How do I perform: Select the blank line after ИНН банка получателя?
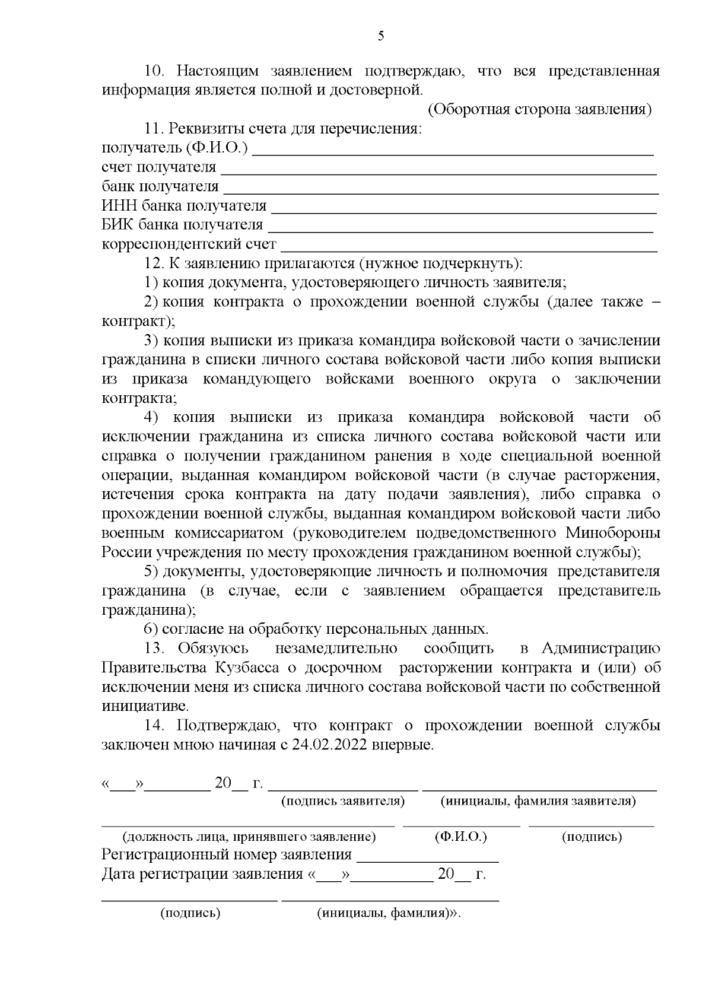[463, 211]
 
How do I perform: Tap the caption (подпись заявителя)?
[342, 802]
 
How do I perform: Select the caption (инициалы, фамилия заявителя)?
[538, 802]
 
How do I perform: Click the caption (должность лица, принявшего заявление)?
[249, 837]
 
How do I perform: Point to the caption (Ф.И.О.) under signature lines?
[460, 837]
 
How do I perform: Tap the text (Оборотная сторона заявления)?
[539, 110]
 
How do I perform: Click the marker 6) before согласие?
[151, 629]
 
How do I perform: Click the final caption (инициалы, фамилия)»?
[389, 914]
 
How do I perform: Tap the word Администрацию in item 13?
[601, 648]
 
